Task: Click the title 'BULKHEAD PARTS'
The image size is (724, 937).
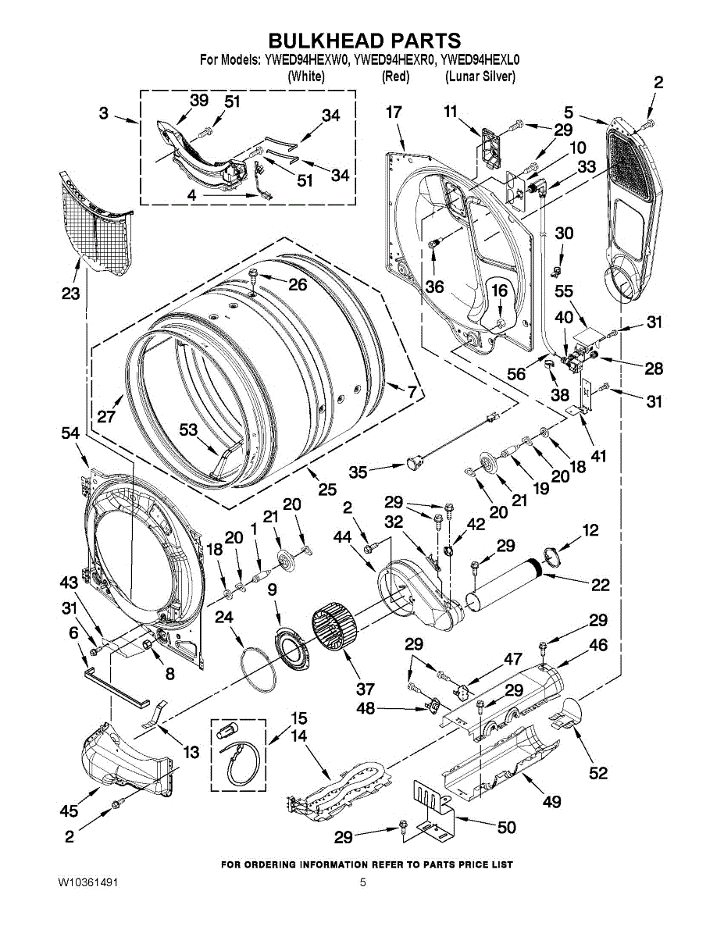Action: (x=365, y=40)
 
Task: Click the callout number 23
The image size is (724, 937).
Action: (x=71, y=294)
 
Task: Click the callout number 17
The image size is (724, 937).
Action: (x=394, y=112)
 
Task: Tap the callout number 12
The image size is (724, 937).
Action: (x=590, y=530)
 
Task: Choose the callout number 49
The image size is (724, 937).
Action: (x=552, y=801)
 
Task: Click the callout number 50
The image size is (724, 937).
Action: (x=507, y=827)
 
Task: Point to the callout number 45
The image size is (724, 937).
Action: (x=69, y=811)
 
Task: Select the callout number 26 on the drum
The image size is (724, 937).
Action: (x=298, y=285)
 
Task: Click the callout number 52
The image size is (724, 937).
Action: (x=598, y=772)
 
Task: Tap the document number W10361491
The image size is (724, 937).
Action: (x=87, y=882)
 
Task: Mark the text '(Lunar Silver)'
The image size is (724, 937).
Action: (x=480, y=77)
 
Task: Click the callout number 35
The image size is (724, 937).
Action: (x=358, y=472)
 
